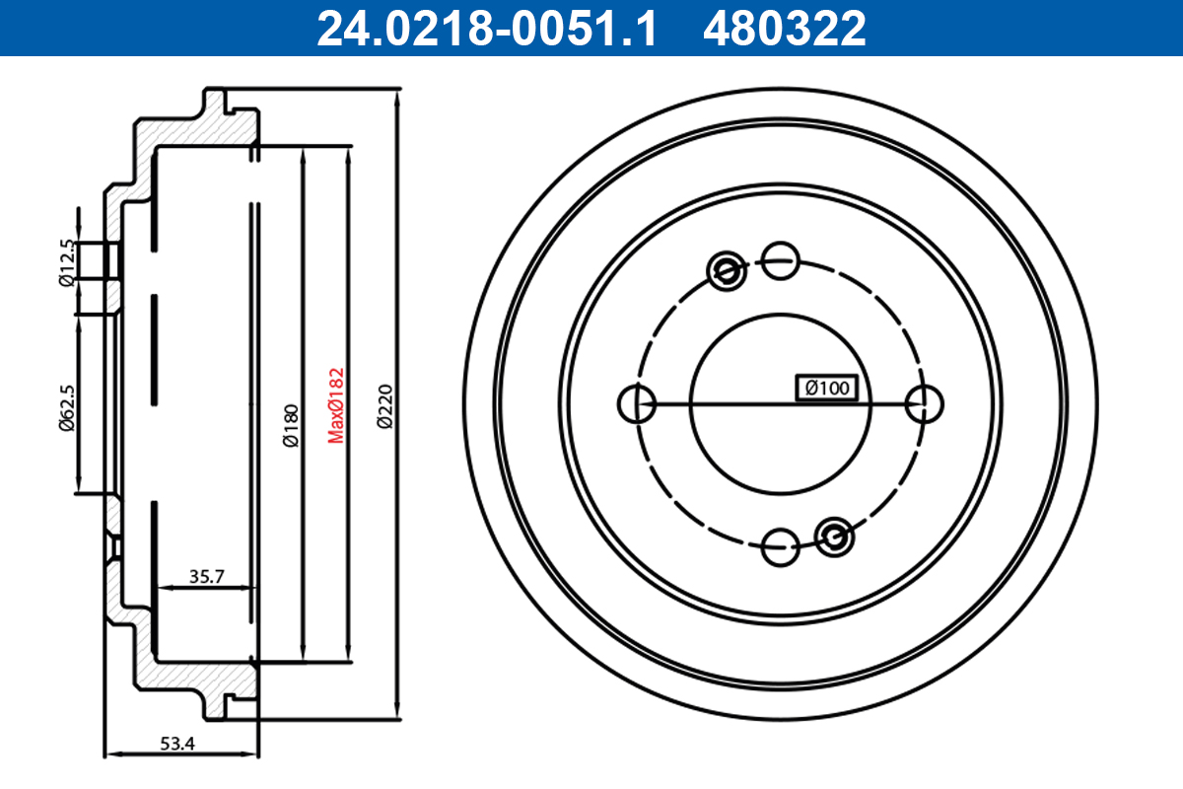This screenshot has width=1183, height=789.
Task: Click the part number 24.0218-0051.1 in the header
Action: click(485, 28)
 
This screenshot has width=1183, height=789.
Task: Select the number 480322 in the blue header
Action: click(784, 28)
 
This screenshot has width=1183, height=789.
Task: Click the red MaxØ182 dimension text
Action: click(336, 404)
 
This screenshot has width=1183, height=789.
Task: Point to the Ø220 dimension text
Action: click(385, 406)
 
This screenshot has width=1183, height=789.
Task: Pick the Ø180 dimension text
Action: click(290, 426)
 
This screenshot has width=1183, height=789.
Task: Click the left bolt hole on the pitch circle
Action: click(637, 402)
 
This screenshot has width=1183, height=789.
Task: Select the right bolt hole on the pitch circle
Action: click(925, 402)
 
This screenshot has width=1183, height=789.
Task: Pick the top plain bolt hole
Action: click(781, 260)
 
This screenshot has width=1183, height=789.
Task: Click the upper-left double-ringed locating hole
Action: click(728, 269)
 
